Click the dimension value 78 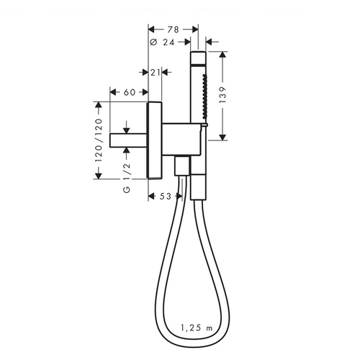tap(173, 30)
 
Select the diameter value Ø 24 tap(162, 42)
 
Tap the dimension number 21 tap(155, 72)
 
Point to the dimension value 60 tap(130, 92)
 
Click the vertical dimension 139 tap(222, 95)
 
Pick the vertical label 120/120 tap(99, 140)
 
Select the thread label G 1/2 tap(127, 178)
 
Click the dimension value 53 tap(166, 197)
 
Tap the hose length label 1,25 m tap(197, 328)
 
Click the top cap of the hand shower tap(198, 58)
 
